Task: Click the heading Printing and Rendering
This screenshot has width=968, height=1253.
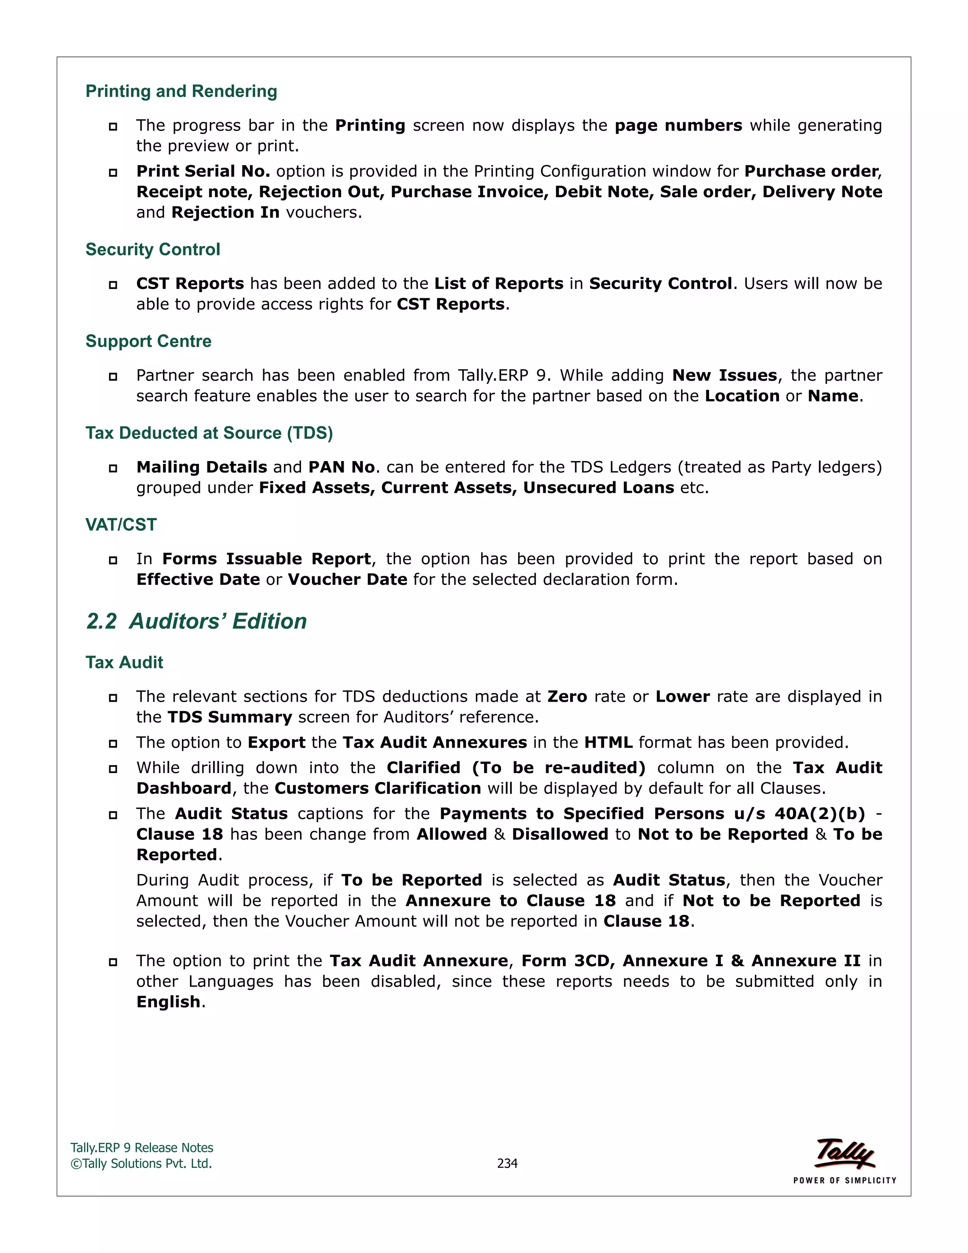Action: (x=181, y=91)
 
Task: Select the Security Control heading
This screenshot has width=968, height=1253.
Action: (x=153, y=250)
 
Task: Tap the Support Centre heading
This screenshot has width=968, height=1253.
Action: (x=148, y=341)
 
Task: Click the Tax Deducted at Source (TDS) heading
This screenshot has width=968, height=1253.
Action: (x=209, y=433)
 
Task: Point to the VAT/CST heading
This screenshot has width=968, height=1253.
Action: (x=121, y=525)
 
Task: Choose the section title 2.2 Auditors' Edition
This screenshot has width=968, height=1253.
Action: (x=197, y=621)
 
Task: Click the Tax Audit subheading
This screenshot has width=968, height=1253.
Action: (x=124, y=662)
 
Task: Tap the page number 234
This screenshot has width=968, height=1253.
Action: (x=508, y=1164)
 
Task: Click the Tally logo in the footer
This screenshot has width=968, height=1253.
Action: (x=845, y=1153)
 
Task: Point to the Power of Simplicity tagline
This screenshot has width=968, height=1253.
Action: (x=845, y=1180)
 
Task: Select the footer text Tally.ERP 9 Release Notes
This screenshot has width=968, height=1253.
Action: (x=142, y=1148)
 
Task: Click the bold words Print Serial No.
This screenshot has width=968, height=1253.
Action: (x=203, y=172)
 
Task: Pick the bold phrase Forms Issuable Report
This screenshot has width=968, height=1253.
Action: (x=267, y=559)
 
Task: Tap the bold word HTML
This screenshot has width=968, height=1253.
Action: (x=608, y=743)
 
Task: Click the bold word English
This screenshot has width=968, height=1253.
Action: (x=169, y=1002)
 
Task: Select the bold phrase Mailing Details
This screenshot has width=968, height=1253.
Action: (x=202, y=468)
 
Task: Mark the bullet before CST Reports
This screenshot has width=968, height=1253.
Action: (x=113, y=285)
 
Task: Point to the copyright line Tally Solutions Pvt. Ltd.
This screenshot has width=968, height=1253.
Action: (x=142, y=1164)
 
